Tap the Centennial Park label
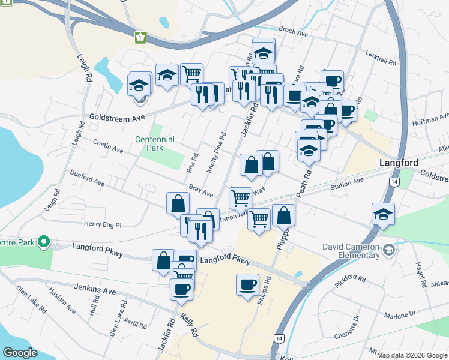pos(155,143)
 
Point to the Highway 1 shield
pos(140,37)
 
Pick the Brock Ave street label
pos(293,32)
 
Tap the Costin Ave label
pos(108,146)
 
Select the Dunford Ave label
pos(88,179)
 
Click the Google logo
pos(20,353)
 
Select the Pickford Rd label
pos(351,279)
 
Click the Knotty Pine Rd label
pos(217,154)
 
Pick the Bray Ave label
pos(201,191)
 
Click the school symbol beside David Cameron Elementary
pos(389,250)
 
